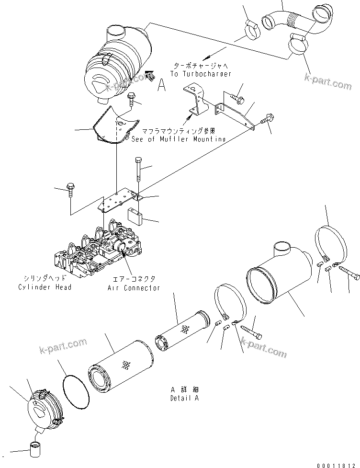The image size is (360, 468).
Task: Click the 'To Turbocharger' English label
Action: point(201,74)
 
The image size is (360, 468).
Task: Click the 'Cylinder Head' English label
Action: point(45,287)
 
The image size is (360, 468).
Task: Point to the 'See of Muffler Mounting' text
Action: point(178,139)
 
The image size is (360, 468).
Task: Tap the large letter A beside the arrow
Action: point(162,85)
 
